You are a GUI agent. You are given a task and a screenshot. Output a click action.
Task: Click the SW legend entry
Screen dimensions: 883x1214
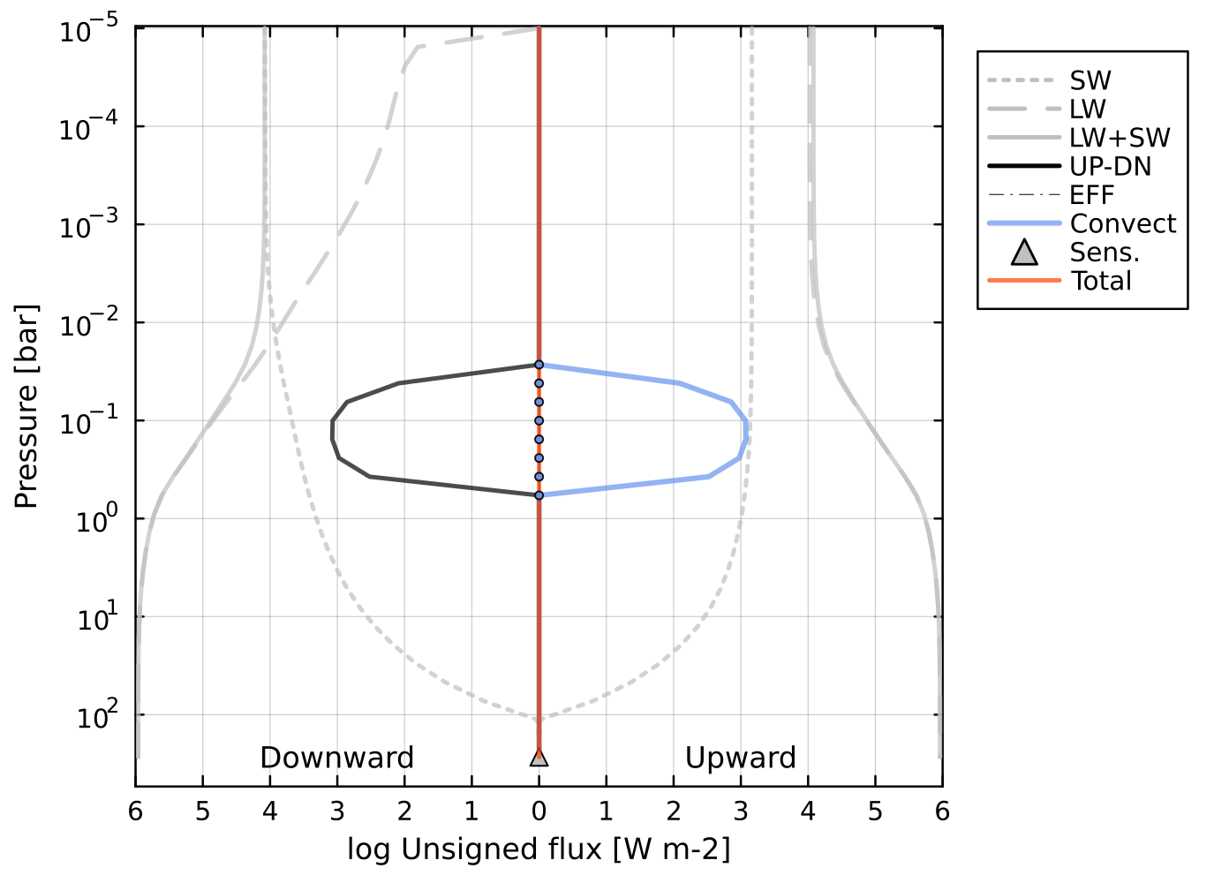click(x=1090, y=81)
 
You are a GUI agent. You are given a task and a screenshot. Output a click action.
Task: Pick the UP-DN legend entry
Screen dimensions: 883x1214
click(x=1110, y=167)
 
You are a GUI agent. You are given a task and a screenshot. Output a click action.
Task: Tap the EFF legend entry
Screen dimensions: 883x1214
click(x=1091, y=195)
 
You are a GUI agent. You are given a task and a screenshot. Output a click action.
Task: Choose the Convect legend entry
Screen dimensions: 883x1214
click(x=1122, y=223)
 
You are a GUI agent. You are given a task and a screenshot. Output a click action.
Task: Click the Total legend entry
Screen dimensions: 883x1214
click(x=1101, y=281)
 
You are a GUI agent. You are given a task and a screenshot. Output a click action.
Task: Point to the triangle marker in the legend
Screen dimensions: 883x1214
click(x=1024, y=253)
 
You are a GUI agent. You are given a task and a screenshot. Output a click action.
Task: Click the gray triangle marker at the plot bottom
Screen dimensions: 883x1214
click(x=539, y=757)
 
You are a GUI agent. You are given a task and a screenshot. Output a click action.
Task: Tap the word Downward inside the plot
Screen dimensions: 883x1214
click(x=336, y=758)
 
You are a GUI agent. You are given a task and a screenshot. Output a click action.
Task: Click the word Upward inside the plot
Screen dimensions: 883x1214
click(x=740, y=758)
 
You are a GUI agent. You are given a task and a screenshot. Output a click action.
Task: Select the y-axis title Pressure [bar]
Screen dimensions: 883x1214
click(x=26, y=407)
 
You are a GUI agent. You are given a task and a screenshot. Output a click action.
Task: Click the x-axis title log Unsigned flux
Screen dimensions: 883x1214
click(x=539, y=849)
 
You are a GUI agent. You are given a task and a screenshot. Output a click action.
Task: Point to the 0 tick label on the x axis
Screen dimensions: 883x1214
click(x=539, y=811)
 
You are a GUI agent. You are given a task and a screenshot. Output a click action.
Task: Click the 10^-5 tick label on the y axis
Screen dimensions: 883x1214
click(x=89, y=32)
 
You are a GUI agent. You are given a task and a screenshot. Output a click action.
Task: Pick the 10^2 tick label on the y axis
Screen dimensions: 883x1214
click(x=96, y=717)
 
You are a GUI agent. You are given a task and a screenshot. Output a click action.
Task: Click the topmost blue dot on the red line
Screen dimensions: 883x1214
click(x=539, y=365)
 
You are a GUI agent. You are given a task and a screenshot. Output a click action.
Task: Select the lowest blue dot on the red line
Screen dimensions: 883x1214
click(x=539, y=495)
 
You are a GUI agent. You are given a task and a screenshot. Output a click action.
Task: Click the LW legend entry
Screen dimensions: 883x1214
click(x=1087, y=109)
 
